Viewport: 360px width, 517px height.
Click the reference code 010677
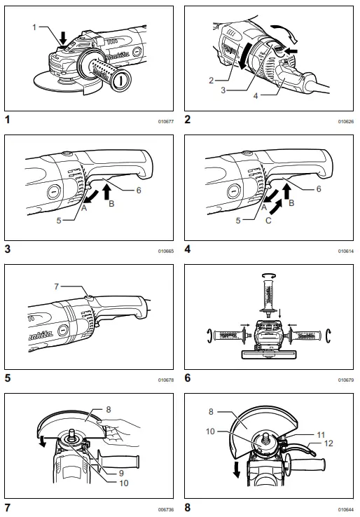pos(165,121)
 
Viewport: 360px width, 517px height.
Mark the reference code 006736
pos(165,508)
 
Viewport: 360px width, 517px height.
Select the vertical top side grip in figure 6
pos(266,291)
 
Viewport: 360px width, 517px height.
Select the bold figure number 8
pos(187,506)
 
